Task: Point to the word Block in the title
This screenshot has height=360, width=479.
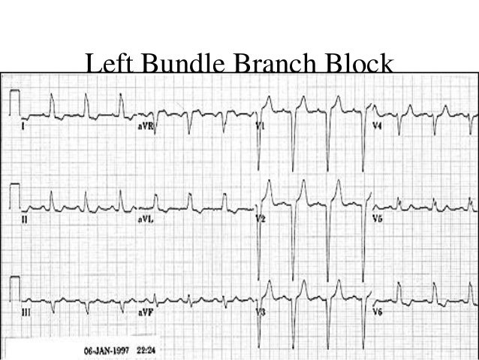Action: click(359, 67)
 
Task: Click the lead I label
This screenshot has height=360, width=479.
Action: click(25, 127)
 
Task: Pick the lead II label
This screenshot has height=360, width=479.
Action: click(25, 219)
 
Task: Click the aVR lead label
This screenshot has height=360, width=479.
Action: click(146, 128)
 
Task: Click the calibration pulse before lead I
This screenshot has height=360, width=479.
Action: click(14, 101)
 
